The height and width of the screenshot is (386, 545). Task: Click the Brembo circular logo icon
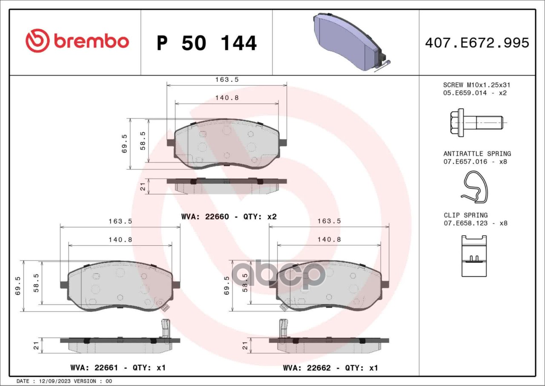[38, 40]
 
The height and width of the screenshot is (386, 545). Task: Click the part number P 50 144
[207, 43]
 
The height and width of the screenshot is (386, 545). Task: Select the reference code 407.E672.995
[477, 43]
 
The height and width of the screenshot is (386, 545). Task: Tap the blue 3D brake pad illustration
[351, 42]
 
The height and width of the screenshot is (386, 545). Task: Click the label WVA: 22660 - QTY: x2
[229, 216]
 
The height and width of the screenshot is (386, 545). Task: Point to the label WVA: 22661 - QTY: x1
[118, 368]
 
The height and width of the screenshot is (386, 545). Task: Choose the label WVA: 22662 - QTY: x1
[330, 368]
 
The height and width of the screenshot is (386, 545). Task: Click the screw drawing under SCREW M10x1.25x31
[476, 122]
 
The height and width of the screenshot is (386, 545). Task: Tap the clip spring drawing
[474, 256]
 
